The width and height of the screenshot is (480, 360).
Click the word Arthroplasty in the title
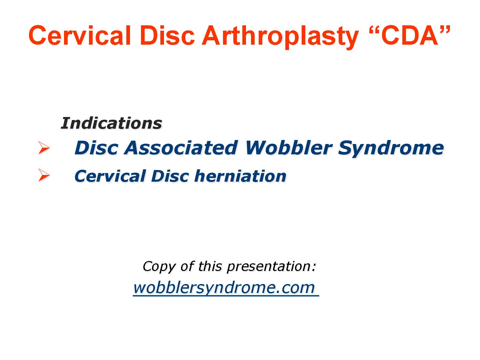[280, 36]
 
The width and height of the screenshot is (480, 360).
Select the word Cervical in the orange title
[80, 36]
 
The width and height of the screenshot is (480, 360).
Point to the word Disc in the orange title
[167, 36]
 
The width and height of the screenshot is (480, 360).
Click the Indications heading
[111, 123]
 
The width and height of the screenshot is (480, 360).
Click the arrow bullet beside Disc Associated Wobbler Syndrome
[44, 148]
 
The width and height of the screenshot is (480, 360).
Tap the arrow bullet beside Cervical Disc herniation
[44, 175]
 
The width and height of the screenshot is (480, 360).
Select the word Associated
[181, 148]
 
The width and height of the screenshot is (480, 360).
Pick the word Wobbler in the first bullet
[289, 148]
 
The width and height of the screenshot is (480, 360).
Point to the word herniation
[240, 176]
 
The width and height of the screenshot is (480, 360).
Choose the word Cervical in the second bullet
[110, 176]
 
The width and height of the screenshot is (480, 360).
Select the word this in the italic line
[210, 266]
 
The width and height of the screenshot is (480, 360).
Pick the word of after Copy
[187, 266]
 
